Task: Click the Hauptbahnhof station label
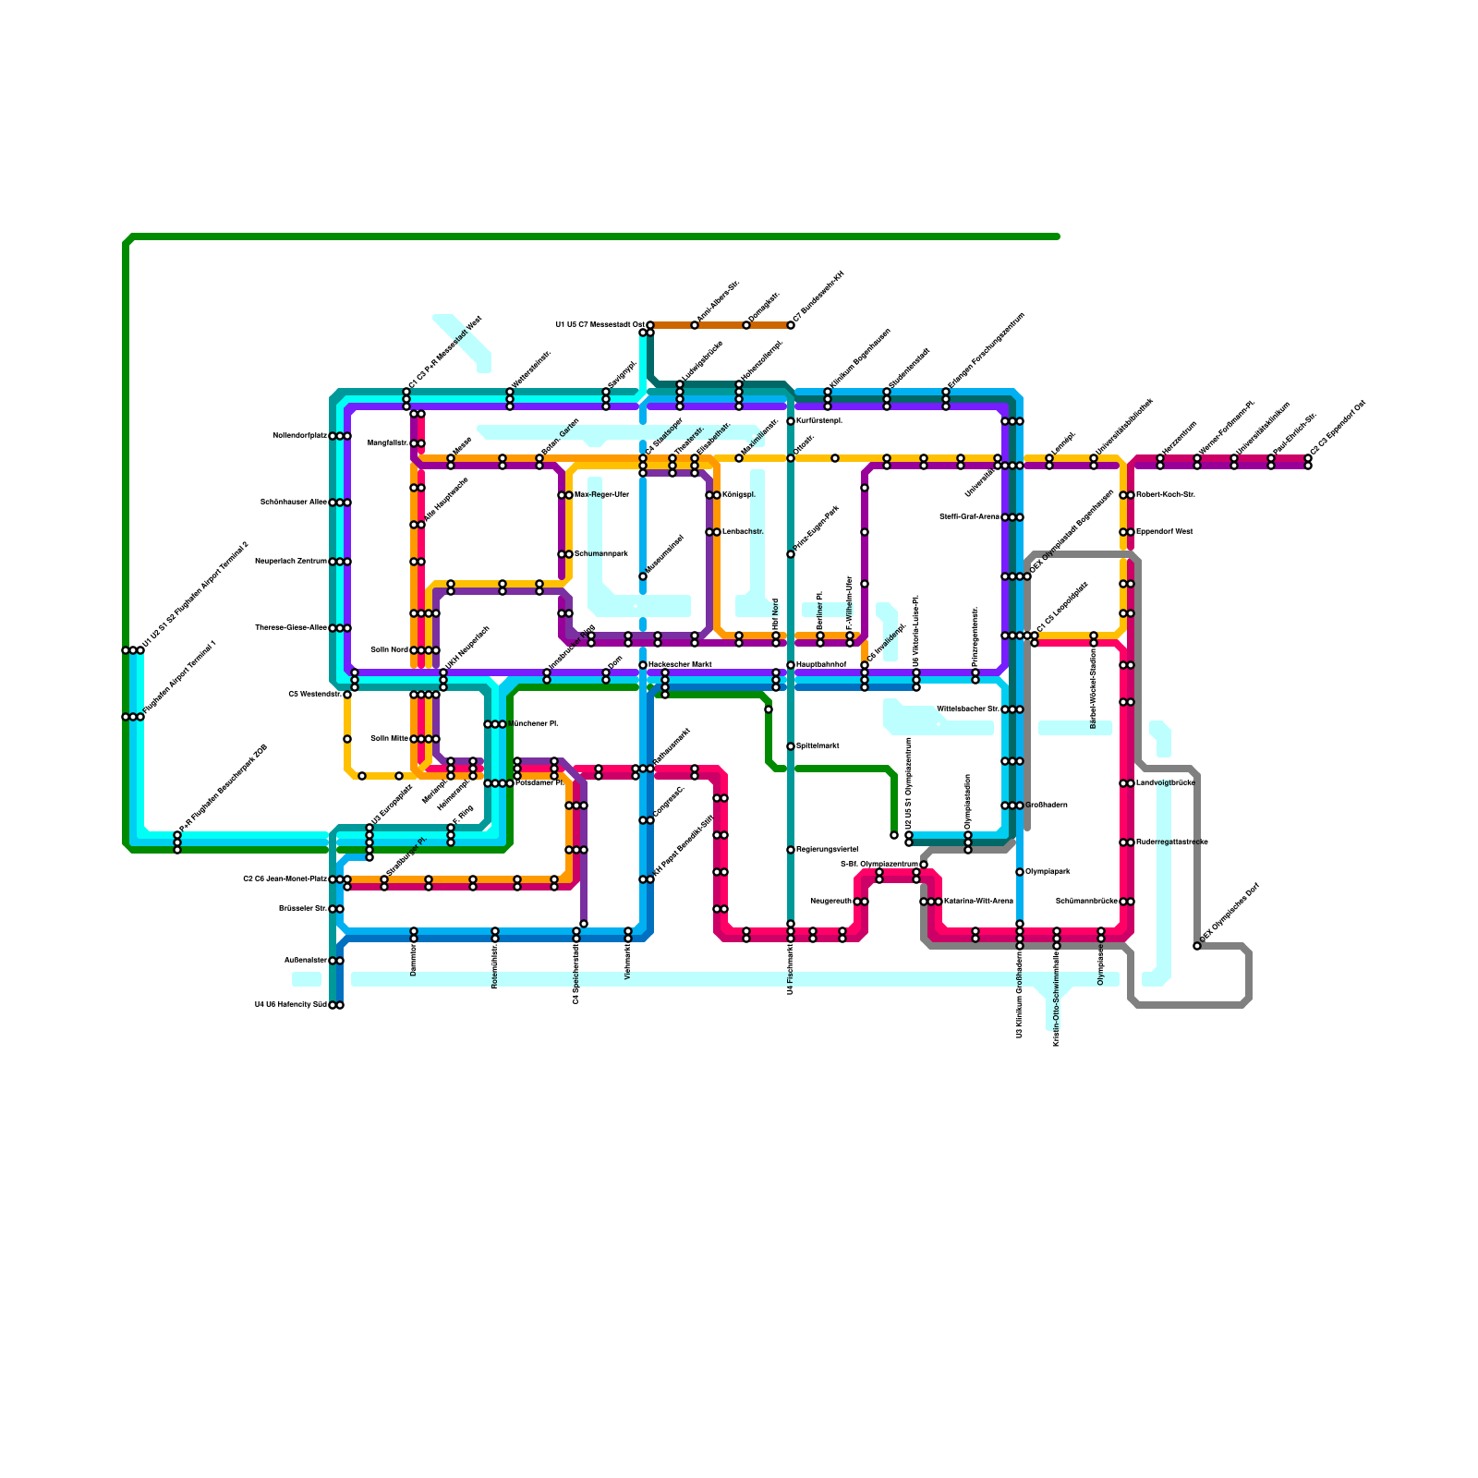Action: pyautogui.click(x=821, y=664)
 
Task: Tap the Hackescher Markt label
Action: pyautogui.click(x=680, y=664)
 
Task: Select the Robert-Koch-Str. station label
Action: pyautogui.click(x=1166, y=494)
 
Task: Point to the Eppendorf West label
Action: pyautogui.click(x=1164, y=531)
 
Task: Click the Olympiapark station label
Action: pyautogui.click(x=1048, y=871)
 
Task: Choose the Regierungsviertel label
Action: pyautogui.click(x=827, y=849)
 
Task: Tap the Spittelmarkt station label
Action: pyautogui.click(x=818, y=745)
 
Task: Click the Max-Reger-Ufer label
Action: pyautogui.click(x=601, y=494)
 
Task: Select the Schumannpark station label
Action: pyautogui.click(x=601, y=553)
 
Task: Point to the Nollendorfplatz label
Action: pyautogui.click(x=300, y=435)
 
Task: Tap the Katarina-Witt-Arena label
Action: pyautogui.click(x=978, y=901)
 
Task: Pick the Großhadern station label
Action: pyautogui.click(x=1047, y=805)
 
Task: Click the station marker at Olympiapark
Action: pyautogui.click(x=1020, y=871)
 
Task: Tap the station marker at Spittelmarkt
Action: pyautogui.click(x=791, y=745)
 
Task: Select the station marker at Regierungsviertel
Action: pyautogui.click(x=791, y=849)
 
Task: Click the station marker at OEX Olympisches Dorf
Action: pyautogui.click(x=1197, y=945)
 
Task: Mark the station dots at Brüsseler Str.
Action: pyautogui.click(x=336, y=908)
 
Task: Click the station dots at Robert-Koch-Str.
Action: pyautogui.click(x=1127, y=494)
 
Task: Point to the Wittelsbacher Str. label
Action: pyautogui.click(x=968, y=709)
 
